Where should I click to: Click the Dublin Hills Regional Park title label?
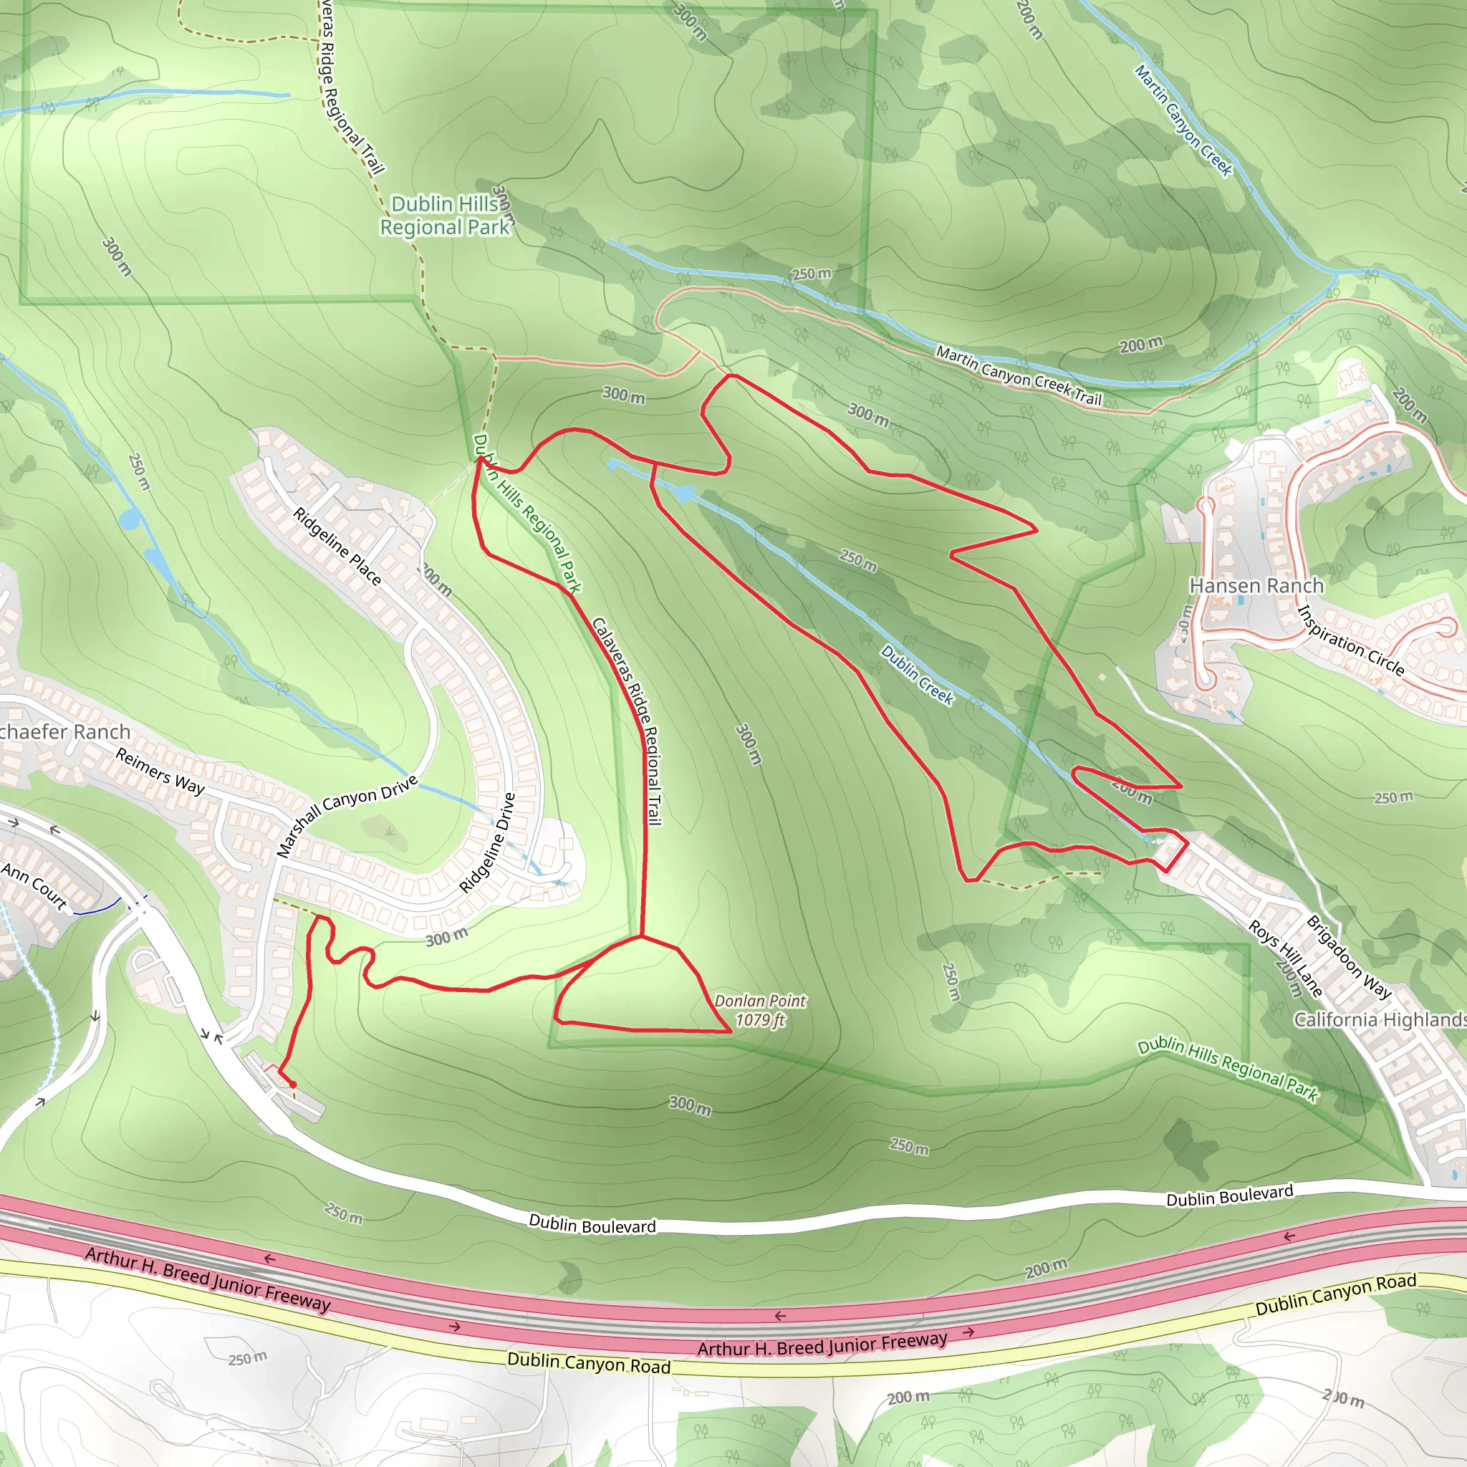point(445,216)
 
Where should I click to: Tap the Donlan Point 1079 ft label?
point(759,1011)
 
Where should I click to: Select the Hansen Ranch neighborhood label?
point(1256,586)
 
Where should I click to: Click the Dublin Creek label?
point(918,675)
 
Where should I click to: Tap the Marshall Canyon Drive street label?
point(346,817)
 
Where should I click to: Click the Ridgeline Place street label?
point(337,546)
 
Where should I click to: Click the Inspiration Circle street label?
point(1351,641)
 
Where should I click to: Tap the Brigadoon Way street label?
point(1349,958)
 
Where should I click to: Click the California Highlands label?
point(1379,1020)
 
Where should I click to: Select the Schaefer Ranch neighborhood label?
point(65,732)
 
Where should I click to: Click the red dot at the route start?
point(293,1086)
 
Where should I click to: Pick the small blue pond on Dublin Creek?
point(683,494)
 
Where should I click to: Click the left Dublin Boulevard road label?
point(592,1225)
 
